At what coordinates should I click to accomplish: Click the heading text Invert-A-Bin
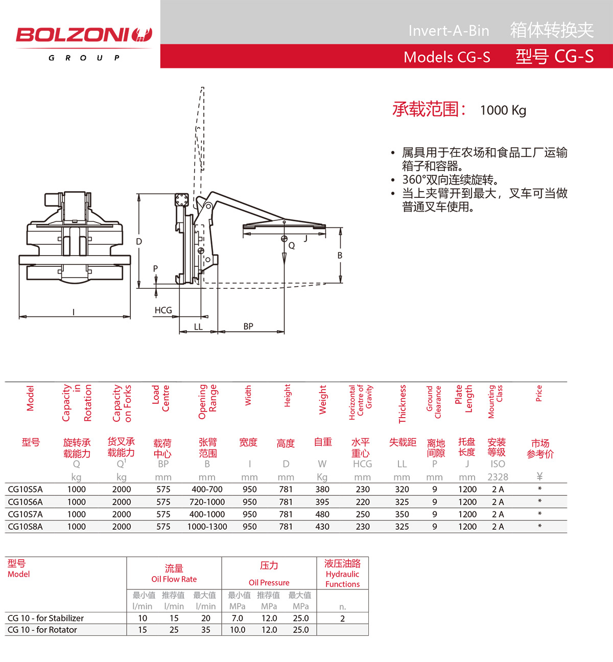click(449, 31)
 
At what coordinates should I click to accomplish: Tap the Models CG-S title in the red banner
click(446, 57)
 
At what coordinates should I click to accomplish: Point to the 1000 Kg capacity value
click(503, 110)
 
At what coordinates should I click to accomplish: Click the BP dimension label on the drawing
click(248, 326)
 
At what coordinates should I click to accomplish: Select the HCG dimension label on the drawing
click(163, 310)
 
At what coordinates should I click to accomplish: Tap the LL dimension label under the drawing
click(198, 327)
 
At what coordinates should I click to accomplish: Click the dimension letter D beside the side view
click(139, 242)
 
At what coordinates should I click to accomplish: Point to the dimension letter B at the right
click(340, 256)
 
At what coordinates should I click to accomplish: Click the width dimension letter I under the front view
click(74, 312)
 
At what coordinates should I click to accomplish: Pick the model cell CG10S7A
click(26, 514)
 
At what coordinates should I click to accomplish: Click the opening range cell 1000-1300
click(207, 527)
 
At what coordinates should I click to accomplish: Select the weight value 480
click(322, 514)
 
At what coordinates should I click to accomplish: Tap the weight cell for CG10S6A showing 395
click(322, 502)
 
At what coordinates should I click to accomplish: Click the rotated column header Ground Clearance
click(434, 402)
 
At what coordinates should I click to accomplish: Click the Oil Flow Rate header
click(174, 579)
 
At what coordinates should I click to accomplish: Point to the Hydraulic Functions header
click(342, 579)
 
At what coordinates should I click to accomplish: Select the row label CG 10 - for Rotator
click(42, 630)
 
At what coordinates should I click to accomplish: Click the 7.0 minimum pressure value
click(238, 618)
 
